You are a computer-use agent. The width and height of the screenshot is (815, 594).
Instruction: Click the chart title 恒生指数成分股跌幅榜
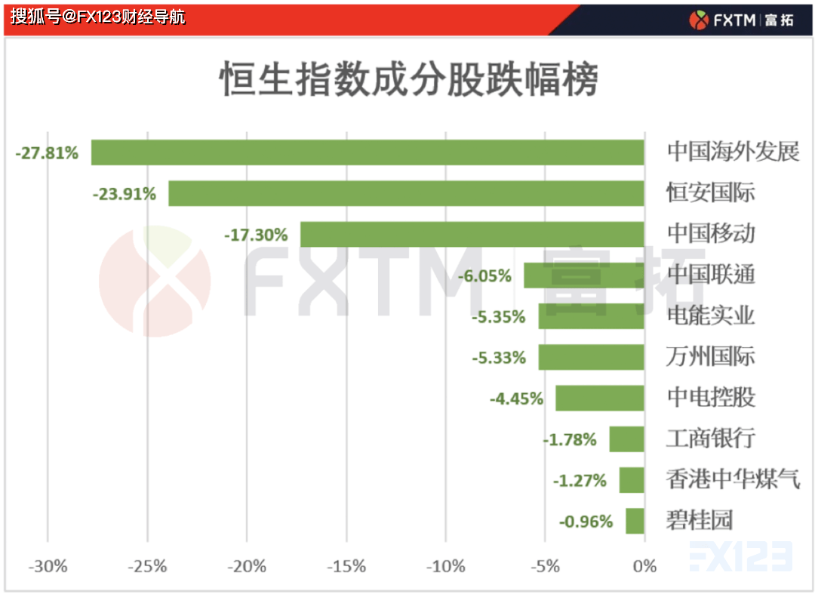click(x=408, y=79)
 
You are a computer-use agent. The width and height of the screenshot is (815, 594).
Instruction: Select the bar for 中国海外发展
click(x=368, y=152)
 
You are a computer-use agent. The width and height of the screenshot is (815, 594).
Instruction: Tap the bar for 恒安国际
click(x=406, y=193)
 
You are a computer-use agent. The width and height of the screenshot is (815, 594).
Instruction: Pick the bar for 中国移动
click(x=472, y=234)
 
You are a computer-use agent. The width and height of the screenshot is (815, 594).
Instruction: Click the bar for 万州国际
click(x=591, y=357)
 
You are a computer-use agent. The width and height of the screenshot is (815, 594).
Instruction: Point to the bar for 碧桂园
click(x=635, y=521)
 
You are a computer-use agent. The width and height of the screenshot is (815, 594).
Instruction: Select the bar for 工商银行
click(x=626, y=439)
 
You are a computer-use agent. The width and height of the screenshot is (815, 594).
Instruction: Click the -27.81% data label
click(x=47, y=153)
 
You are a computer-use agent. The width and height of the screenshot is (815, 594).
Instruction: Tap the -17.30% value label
click(x=256, y=235)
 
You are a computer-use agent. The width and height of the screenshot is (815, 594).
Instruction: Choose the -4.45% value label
click(x=516, y=399)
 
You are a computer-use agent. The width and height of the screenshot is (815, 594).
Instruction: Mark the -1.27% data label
click(x=580, y=480)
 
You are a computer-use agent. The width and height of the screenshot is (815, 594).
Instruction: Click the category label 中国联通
click(x=710, y=275)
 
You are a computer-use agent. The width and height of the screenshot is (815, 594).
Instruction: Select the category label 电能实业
click(x=710, y=315)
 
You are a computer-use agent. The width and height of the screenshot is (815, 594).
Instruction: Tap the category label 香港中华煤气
click(x=732, y=479)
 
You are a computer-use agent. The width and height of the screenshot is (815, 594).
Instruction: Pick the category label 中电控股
click(x=710, y=398)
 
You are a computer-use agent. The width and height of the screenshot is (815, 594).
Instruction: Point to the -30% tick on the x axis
click(x=48, y=567)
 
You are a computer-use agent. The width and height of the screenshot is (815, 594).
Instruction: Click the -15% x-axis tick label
click(x=346, y=567)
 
